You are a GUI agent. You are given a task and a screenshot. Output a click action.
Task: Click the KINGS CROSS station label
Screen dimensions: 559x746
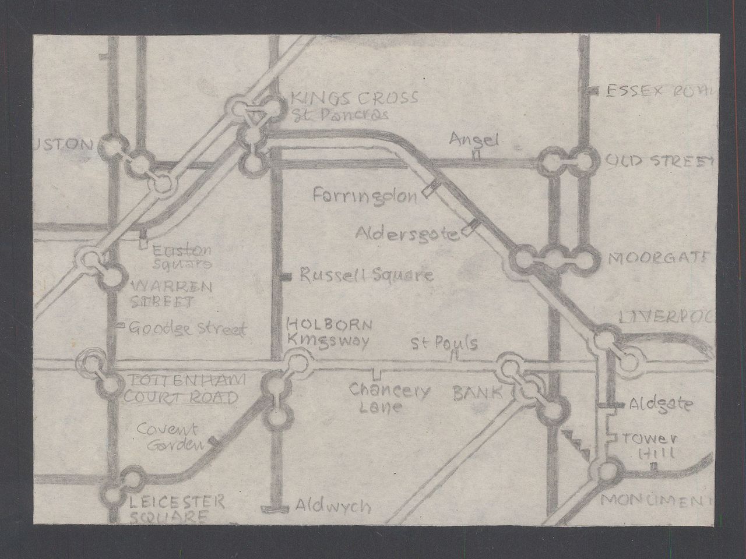338,98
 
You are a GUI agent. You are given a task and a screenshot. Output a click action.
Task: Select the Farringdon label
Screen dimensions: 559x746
365,195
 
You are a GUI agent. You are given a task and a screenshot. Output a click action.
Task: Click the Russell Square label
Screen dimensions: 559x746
366,275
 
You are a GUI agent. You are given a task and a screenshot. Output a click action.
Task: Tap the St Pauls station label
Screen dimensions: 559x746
445,343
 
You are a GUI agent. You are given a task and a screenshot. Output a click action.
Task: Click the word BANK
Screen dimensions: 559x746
477,393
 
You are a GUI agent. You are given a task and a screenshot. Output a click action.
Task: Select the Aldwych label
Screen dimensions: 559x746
332,506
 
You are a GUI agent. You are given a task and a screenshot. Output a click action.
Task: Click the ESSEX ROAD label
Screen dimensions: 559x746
659,91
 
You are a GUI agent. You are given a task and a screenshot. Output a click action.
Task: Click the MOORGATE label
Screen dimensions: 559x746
657,258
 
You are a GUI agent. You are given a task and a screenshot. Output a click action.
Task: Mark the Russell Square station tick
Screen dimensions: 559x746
286,277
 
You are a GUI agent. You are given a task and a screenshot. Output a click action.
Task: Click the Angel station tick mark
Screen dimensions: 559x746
476,155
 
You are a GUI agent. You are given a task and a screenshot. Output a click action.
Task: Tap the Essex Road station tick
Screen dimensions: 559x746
594,91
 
